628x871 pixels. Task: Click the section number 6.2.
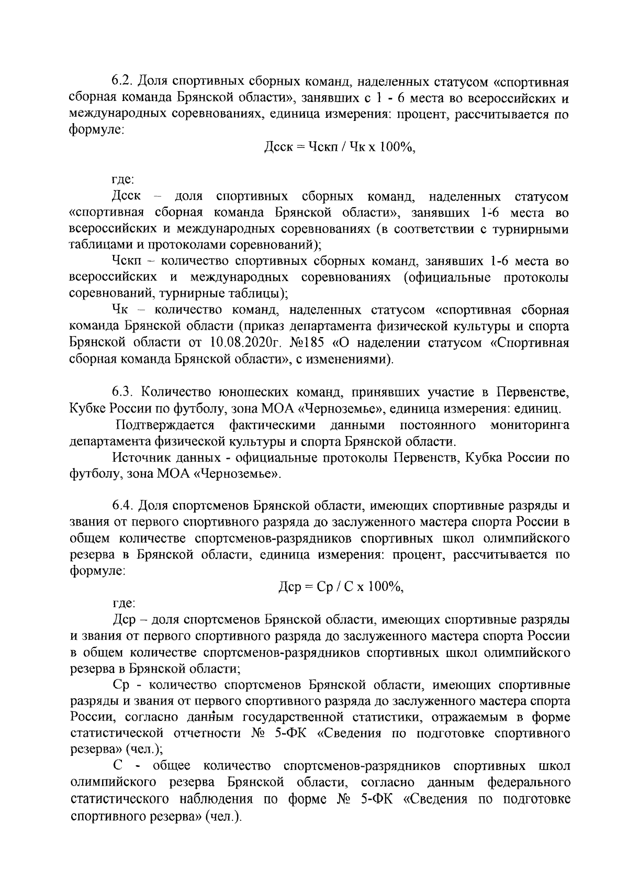(x=122, y=83)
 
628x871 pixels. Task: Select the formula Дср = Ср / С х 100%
(x=342, y=587)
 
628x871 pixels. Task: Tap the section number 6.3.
(x=122, y=392)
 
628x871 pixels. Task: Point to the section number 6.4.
(x=122, y=506)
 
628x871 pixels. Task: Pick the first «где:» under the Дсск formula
(x=124, y=180)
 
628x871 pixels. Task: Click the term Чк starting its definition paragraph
(x=121, y=310)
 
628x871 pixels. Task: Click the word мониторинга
(x=530, y=425)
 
